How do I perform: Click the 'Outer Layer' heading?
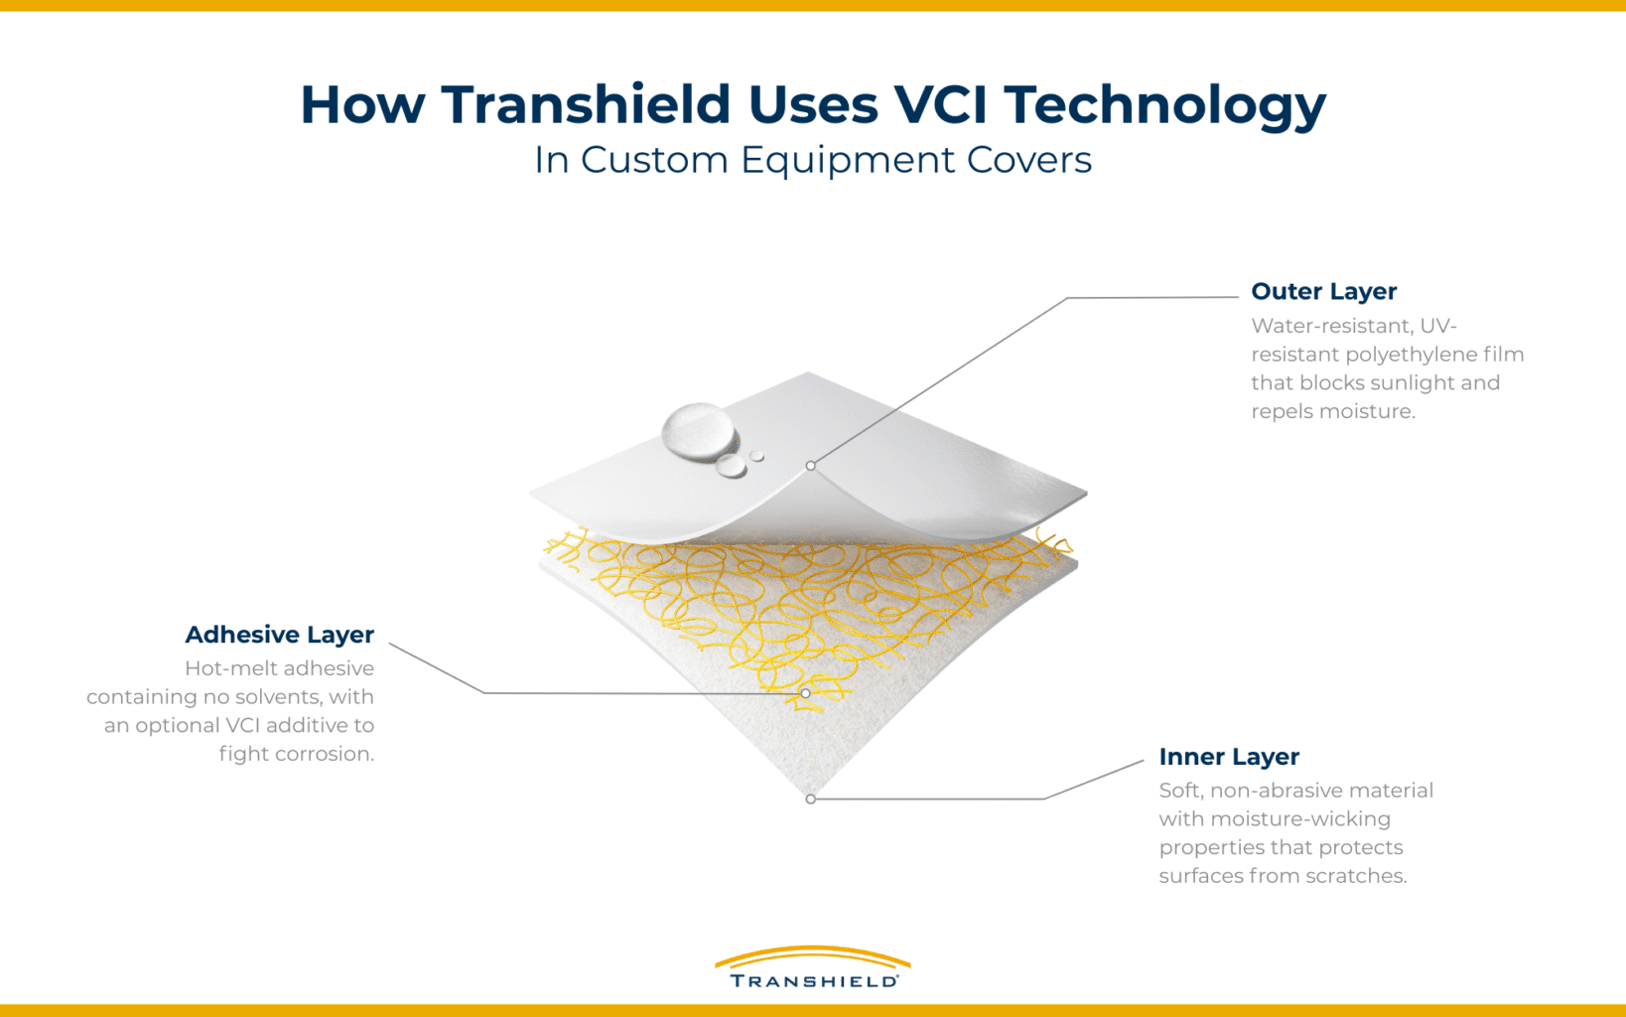(x=1323, y=291)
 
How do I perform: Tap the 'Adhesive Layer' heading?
(x=279, y=634)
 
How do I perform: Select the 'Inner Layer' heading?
(x=1228, y=756)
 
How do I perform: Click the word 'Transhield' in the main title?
(x=586, y=104)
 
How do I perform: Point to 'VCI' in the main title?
(x=939, y=104)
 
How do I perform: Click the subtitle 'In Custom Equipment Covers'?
(x=812, y=160)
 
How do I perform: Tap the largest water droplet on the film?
(x=699, y=430)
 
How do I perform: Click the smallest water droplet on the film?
(x=757, y=456)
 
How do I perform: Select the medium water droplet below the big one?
(x=732, y=466)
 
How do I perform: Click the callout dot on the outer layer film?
(x=811, y=465)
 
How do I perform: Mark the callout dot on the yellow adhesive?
(x=805, y=692)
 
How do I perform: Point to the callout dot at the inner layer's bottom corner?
(x=811, y=799)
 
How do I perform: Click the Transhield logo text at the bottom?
(x=813, y=980)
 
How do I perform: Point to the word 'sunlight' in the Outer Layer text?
(x=1414, y=383)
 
